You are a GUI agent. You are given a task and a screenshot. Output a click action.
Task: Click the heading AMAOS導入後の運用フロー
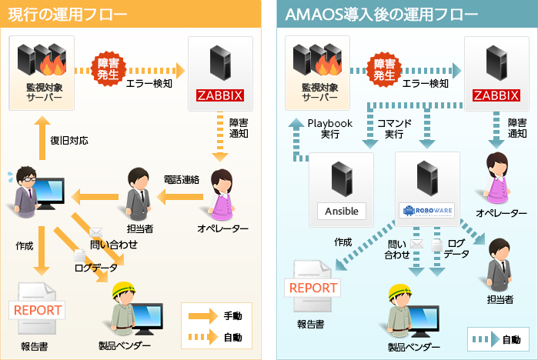(363, 15)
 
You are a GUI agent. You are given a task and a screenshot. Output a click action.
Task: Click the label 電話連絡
(182, 179)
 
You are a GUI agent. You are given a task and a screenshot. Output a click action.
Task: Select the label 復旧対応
(69, 141)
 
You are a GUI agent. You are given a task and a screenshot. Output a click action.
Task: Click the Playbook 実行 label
(329, 128)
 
